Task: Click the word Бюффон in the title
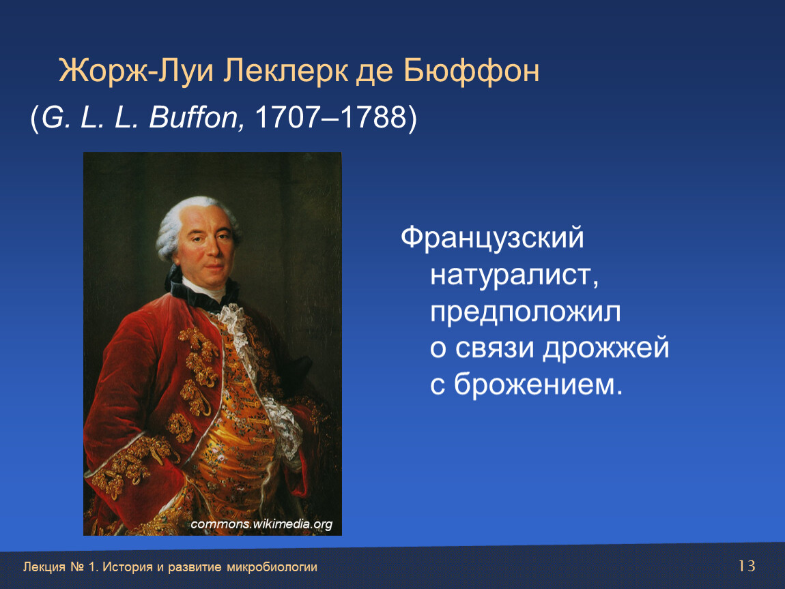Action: tap(471, 72)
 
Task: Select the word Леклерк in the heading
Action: tap(285, 70)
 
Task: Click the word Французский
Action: tap(492, 238)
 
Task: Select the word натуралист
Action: tap(514, 275)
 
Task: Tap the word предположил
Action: tap(526, 312)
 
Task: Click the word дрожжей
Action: tap(606, 348)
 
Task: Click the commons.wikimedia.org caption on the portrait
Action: tap(261, 524)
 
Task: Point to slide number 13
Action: tap(747, 566)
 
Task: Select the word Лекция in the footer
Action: tap(44, 567)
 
